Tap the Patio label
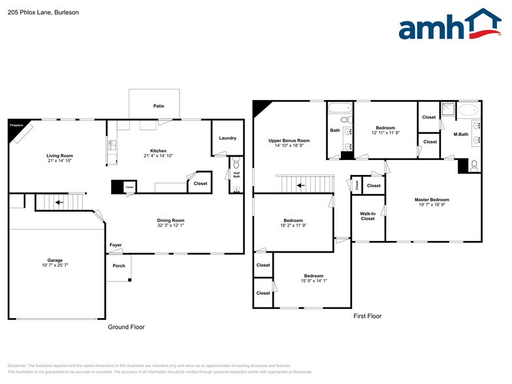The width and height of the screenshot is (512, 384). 159,106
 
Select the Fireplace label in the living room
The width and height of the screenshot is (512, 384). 16,125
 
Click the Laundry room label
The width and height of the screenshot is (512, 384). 227,138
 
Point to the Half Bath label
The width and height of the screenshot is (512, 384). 237,174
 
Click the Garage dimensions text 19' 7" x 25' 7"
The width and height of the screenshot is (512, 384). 55,265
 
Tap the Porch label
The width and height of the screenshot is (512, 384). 119,265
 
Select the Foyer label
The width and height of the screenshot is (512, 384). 116,245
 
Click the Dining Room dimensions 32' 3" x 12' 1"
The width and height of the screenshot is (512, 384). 170,226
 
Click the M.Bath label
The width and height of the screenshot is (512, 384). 461,135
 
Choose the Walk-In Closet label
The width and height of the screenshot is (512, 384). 368,216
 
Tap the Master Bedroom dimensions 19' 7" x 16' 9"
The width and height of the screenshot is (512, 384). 432,205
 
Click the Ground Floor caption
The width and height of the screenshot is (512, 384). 126,327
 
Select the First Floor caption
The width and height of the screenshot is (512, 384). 367,316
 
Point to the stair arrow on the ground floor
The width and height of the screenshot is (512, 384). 59,202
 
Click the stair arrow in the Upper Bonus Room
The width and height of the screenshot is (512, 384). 300,185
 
